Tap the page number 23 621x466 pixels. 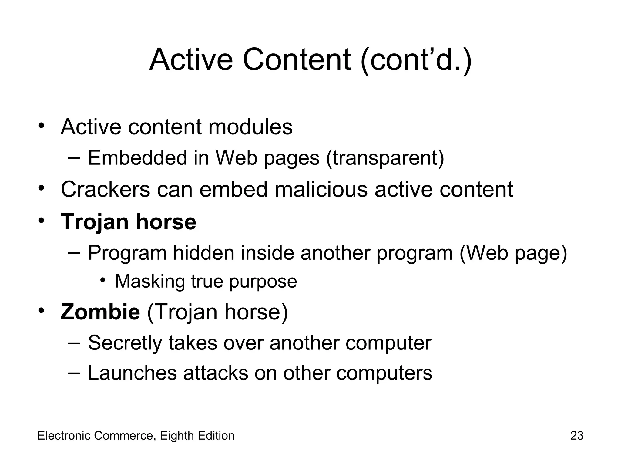(577, 436)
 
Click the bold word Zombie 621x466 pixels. (100, 312)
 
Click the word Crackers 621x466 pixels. (106, 189)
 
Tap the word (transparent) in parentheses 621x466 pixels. (385, 158)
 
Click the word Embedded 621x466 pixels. (137, 158)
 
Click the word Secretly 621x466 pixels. (125, 343)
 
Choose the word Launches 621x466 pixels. (132, 373)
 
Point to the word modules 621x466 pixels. (250, 127)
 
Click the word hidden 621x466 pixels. (204, 253)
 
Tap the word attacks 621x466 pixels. (216, 373)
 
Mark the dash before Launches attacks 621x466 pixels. (74, 373)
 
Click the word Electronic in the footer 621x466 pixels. (64, 436)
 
